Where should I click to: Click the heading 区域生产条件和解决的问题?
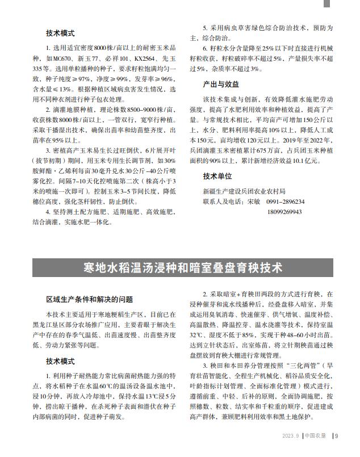coord(89,299)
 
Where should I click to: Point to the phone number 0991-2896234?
coord(285,202)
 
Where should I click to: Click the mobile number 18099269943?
coord(284,212)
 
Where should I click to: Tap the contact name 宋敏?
coord(254,202)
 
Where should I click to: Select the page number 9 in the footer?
coord(337,436)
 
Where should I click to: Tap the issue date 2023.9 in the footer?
coord(291,436)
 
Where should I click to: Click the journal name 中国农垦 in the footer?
coord(315,436)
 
